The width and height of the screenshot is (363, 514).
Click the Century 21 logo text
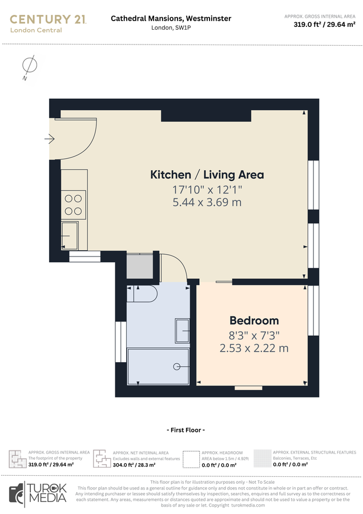[48, 19]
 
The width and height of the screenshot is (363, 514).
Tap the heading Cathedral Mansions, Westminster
[171, 18]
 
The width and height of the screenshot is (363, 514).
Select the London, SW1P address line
[171, 27]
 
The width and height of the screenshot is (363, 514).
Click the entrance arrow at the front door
[50, 138]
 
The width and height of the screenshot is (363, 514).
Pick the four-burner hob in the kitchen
[73, 204]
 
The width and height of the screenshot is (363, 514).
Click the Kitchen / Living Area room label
[207, 174]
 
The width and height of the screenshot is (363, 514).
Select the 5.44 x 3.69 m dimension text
[207, 202]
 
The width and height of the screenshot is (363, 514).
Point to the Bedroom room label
[254, 320]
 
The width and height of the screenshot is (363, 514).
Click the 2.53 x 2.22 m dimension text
[254, 348]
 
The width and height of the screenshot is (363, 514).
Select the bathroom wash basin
[183, 331]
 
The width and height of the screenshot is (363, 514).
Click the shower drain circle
[177, 366]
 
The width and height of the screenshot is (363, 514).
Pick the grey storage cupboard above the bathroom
[139, 266]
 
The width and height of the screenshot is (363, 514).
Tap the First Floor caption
[184, 429]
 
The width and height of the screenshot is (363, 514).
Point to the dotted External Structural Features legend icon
[262, 458]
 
